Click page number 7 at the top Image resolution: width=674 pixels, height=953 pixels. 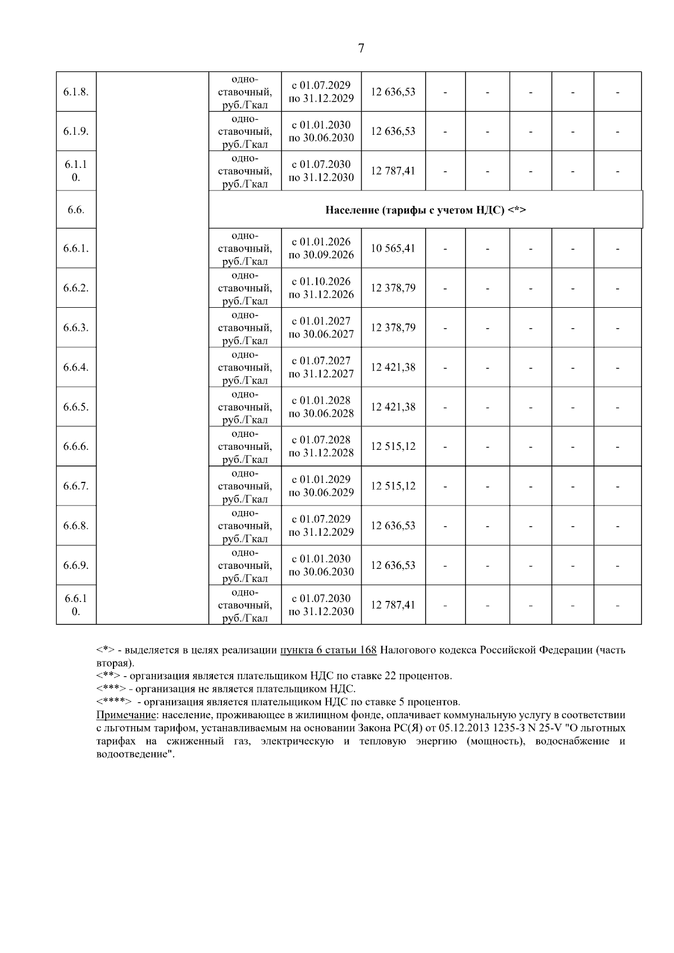[x=361, y=48]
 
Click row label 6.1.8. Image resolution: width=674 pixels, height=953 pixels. [x=76, y=92]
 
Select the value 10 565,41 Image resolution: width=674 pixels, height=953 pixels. [x=393, y=248]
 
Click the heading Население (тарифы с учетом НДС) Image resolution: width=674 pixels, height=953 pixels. [x=425, y=210]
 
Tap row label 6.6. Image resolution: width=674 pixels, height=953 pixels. [x=76, y=210]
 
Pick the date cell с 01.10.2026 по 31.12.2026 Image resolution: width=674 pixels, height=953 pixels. [x=321, y=288]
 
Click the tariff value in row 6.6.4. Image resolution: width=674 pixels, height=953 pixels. [x=393, y=367]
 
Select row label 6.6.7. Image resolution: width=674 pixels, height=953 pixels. [x=76, y=486]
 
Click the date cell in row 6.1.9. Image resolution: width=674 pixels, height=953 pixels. [x=321, y=131]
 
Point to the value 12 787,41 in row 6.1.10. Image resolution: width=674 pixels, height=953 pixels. [x=393, y=171]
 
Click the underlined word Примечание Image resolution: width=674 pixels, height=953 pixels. [x=126, y=715]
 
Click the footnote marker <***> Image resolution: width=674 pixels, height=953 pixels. [x=111, y=689]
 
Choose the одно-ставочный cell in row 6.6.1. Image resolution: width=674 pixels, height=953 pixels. [x=245, y=248]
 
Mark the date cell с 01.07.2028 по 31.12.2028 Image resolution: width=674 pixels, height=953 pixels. [x=321, y=446]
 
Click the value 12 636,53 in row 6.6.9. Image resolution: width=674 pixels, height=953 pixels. [x=393, y=566]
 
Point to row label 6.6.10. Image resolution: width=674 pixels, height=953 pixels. [x=76, y=605]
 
